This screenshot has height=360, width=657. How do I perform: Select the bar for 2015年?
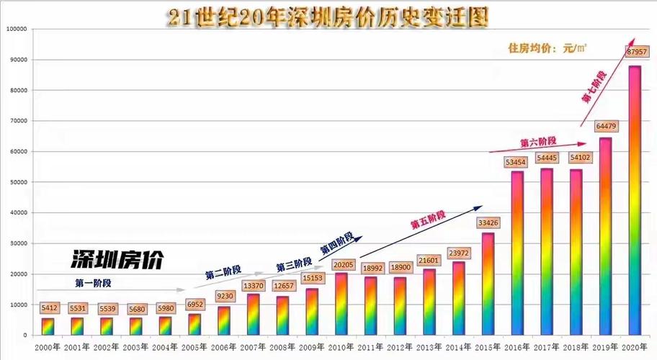pos(488,284)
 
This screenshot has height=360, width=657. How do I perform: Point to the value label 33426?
pos(488,222)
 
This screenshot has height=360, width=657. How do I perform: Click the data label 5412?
pos(48,307)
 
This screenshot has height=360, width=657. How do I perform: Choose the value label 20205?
pos(341,264)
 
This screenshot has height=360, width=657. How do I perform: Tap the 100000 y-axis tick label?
pos(16,29)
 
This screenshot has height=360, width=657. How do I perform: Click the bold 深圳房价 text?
pos(117,260)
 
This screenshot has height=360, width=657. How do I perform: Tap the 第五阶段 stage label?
pos(429,220)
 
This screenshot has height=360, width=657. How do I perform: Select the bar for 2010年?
pos(341,304)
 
